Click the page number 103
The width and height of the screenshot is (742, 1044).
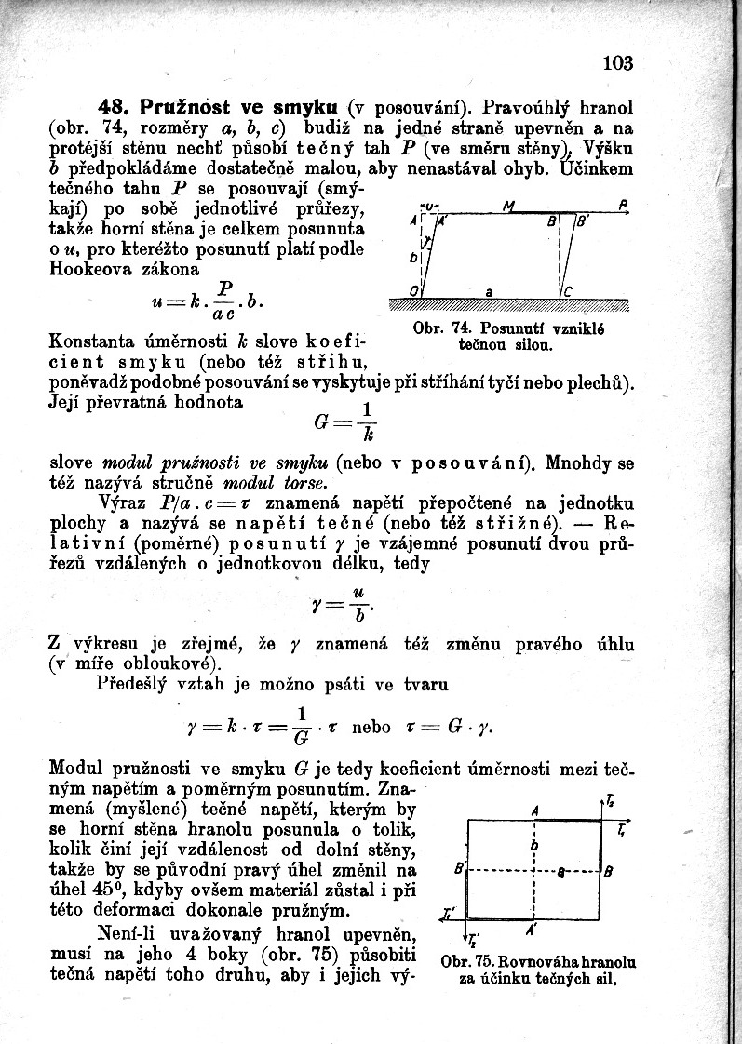click(617, 63)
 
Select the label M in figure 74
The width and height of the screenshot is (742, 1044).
click(508, 206)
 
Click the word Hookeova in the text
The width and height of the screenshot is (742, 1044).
click(88, 269)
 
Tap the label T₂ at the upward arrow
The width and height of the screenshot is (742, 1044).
click(610, 800)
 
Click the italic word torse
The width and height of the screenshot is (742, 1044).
click(305, 483)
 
